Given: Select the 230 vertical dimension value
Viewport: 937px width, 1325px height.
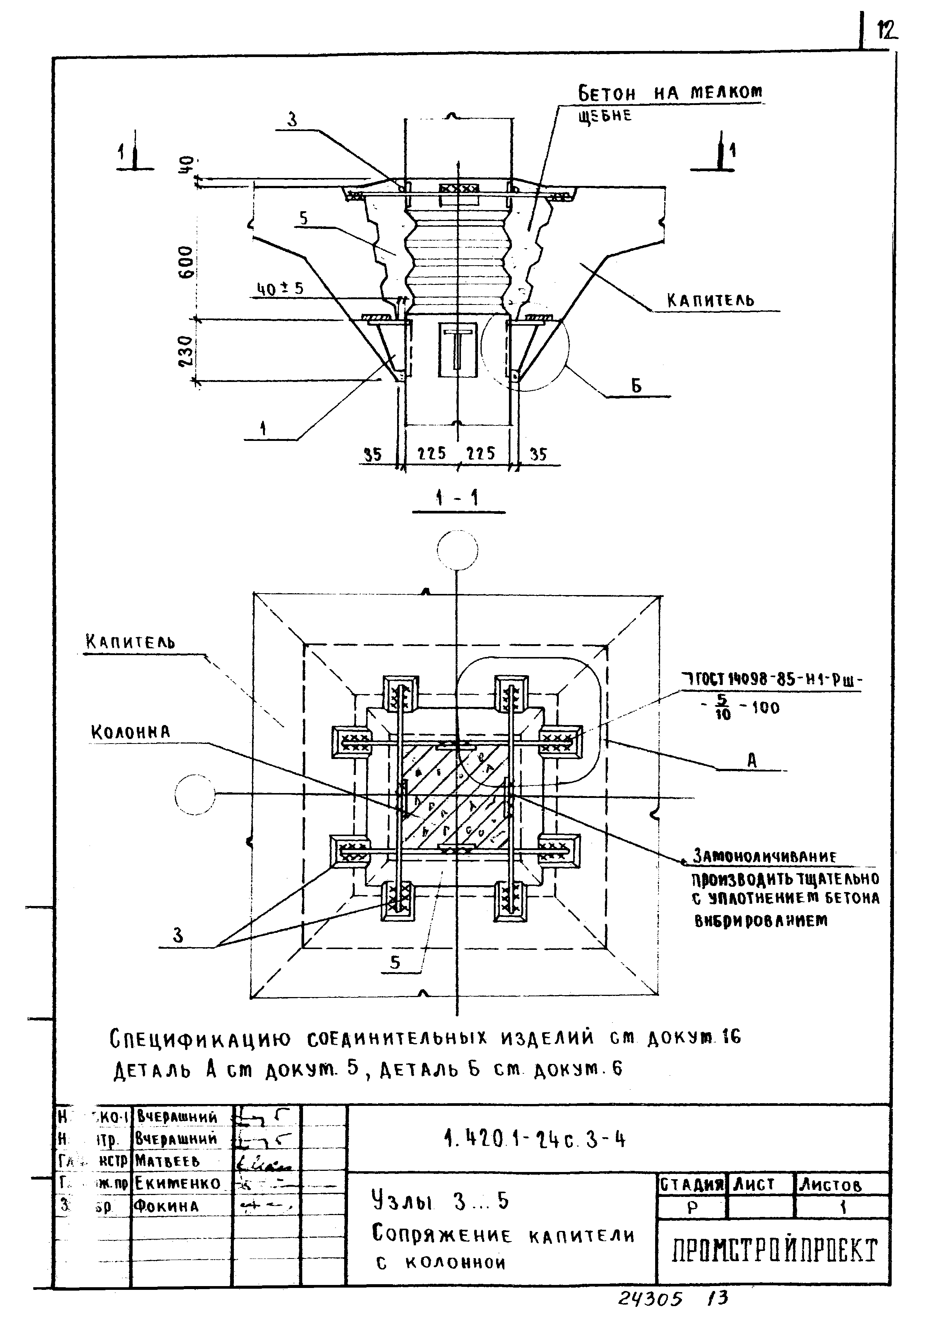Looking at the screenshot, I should [x=186, y=351].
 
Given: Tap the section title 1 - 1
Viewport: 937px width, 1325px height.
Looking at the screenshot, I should [x=458, y=498].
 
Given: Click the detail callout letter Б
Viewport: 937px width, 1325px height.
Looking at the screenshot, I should [x=636, y=386].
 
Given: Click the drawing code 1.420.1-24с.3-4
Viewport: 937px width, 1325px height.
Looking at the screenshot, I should [x=535, y=1140].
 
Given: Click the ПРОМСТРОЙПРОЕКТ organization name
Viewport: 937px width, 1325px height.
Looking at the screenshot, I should [x=774, y=1251].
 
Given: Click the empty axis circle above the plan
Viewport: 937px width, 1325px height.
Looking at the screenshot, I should [x=458, y=549].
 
